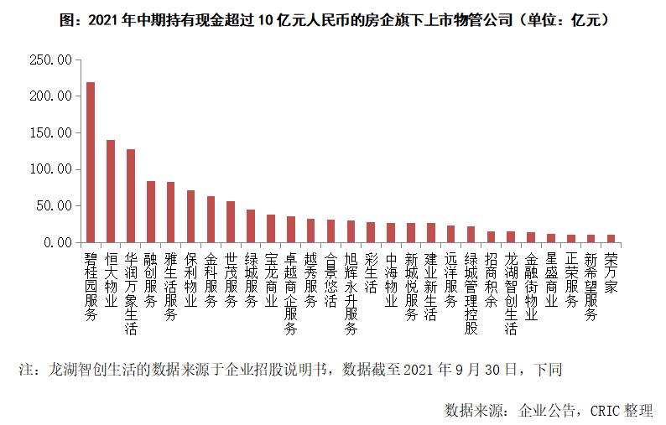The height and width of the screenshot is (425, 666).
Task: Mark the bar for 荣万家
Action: tap(611, 238)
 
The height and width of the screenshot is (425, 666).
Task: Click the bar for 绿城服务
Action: tap(251, 225)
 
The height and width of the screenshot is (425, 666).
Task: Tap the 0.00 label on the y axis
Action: tap(58, 242)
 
